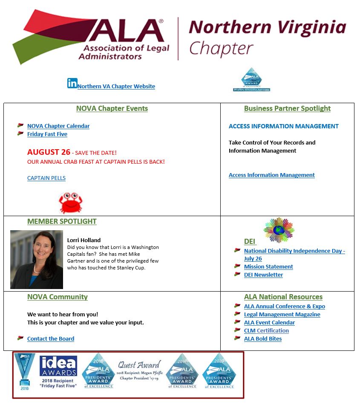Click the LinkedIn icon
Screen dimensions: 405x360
coord(72,83)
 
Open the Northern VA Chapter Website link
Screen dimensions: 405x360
coord(116,86)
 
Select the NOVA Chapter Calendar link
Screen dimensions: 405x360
coord(58,126)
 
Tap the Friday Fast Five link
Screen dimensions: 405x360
coord(47,134)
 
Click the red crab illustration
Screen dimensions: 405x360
coord(71,202)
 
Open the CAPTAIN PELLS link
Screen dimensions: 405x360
coord(46,178)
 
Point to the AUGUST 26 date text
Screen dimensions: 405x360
coord(49,152)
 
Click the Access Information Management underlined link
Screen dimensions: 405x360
coord(271,175)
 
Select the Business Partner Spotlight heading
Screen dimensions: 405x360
coord(287,108)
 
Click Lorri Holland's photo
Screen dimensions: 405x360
coord(37,259)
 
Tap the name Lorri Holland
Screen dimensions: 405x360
coord(84,240)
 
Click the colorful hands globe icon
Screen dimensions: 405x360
coord(279,229)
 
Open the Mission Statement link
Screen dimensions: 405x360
coord(268,266)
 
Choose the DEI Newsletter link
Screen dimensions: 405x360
coord(263,275)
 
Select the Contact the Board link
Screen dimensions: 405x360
coord(51,338)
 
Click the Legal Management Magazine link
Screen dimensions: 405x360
coord(282,314)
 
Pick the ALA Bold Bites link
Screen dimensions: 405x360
coord(263,338)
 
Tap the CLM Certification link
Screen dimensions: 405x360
coord(266,330)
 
